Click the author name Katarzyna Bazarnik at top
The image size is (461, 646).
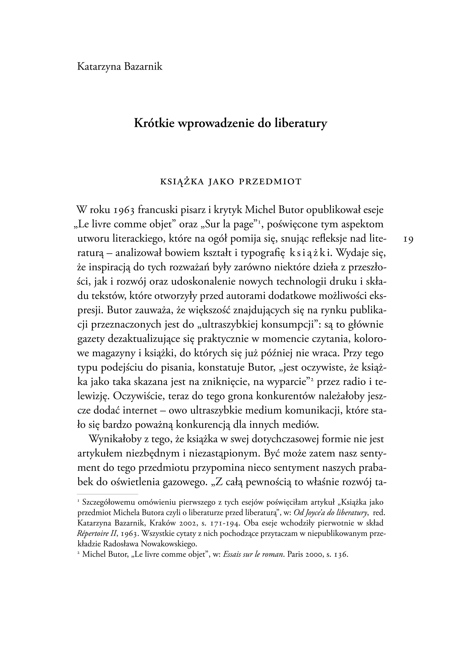coord(120,67)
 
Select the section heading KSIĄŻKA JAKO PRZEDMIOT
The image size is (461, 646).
coord(230,182)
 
